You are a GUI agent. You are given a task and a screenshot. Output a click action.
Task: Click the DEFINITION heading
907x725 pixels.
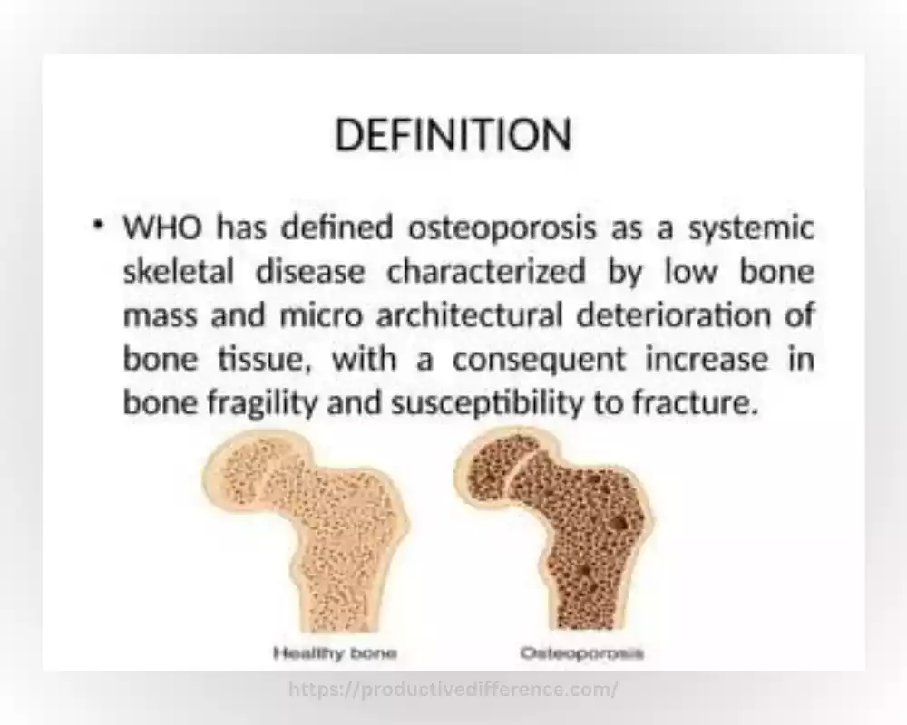(x=453, y=135)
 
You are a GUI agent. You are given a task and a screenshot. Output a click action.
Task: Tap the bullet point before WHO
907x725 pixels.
(x=98, y=224)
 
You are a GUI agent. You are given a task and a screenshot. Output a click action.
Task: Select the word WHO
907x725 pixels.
(x=163, y=227)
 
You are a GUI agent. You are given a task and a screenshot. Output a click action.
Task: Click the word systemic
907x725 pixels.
(x=751, y=228)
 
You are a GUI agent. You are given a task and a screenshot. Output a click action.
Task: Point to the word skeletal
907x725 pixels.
(x=178, y=271)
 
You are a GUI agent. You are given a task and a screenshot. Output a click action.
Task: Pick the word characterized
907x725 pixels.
(x=486, y=271)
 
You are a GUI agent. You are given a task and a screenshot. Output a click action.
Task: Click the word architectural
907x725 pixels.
(x=469, y=315)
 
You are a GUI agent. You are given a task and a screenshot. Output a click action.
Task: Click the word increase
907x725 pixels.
(x=707, y=360)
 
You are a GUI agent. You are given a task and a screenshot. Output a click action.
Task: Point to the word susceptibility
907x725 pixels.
(x=486, y=404)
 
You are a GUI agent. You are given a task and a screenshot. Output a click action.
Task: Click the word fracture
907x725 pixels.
(x=695, y=403)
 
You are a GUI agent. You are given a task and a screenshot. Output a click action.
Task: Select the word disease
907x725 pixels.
(x=310, y=271)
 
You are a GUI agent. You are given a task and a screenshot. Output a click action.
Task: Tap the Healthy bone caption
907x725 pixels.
(x=336, y=654)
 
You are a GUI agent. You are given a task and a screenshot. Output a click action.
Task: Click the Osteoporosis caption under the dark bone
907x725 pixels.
(x=582, y=654)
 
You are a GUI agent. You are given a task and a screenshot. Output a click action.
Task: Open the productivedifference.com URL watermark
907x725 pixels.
(x=453, y=690)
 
